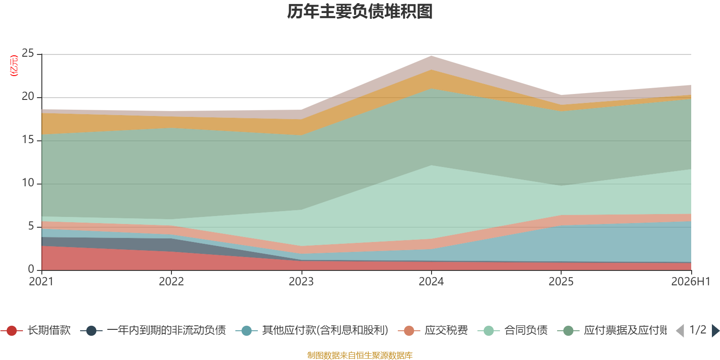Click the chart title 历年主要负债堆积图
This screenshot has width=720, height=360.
point(360,12)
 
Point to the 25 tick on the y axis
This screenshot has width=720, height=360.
point(27,53)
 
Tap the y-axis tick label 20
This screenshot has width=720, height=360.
point(27,96)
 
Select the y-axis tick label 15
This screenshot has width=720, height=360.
point(27,139)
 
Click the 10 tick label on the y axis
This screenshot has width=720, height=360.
point(27,183)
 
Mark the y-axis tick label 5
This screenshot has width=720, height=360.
point(31,226)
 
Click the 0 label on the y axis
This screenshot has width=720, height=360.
point(31,269)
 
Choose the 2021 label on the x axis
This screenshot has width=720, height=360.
point(41,281)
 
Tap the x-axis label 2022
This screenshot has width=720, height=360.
point(171,281)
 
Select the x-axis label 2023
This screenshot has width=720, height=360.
point(301,281)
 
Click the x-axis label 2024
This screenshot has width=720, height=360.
point(431,281)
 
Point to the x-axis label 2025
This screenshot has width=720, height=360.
point(561,281)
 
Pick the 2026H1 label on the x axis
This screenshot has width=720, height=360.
point(690,281)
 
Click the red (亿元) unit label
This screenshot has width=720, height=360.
point(14,66)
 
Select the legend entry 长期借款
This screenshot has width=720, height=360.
point(49,330)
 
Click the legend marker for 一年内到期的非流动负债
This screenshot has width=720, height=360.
point(91,330)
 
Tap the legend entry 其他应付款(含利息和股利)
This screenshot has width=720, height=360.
point(325,330)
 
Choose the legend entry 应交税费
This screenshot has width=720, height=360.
point(446,330)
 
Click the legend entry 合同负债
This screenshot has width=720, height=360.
point(526,330)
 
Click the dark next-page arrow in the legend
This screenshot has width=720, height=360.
point(715,330)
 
